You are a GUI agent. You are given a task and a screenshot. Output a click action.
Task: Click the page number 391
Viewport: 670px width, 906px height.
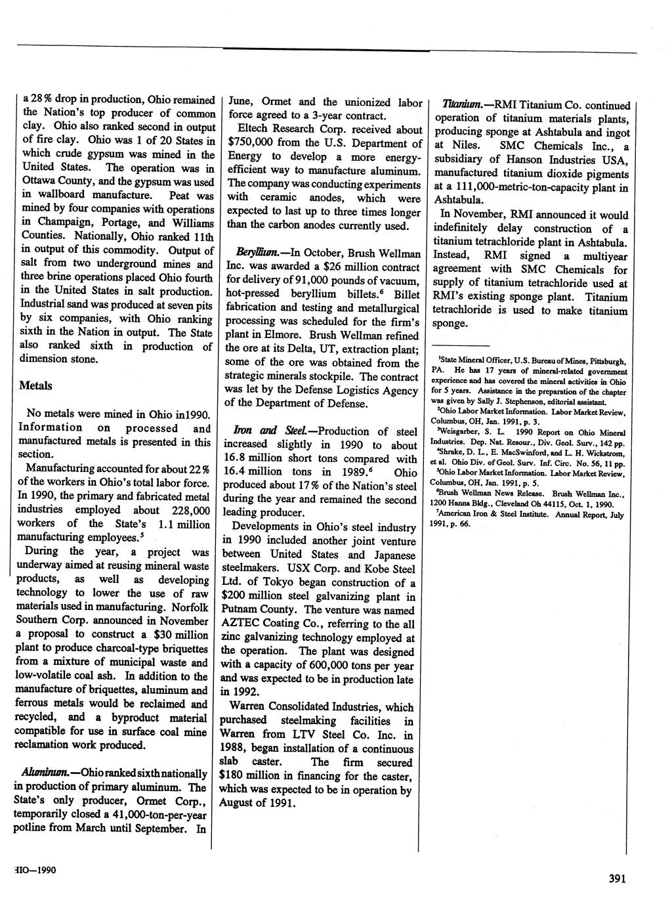[621, 880]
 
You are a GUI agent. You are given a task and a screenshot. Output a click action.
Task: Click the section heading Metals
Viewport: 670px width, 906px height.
[35, 385]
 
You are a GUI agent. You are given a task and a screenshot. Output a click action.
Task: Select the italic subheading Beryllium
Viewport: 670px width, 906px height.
[253, 253]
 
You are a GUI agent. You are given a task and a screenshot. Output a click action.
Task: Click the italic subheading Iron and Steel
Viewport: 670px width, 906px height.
[268, 431]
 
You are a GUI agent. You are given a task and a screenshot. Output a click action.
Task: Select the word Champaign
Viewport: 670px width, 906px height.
[63, 223]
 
